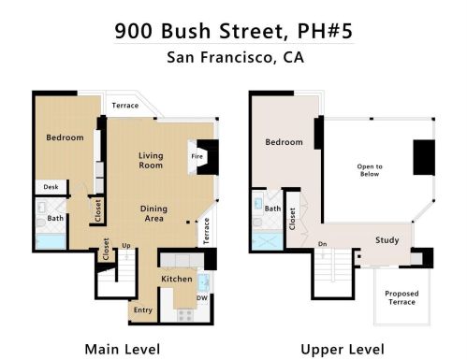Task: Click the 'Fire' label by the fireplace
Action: pyautogui.click(x=197, y=156)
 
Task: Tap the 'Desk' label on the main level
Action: pyautogui.click(x=51, y=187)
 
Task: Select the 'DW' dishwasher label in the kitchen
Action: pyautogui.click(x=202, y=297)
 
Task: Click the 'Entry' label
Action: pyautogui.click(x=143, y=310)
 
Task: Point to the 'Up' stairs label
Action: pyautogui.click(x=126, y=246)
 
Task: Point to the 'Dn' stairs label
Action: pyautogui.click(x=323, y=244)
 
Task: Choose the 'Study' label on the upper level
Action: pyautogui.click(x=387, y=240)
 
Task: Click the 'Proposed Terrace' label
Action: pyautogui.click(x=401, y=297)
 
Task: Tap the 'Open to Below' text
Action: pyautogui.click(x=370, y=170)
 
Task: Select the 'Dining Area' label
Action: pyautogui.click(x=153, y=213)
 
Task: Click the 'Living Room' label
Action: pyautogui.click(x=151, y=160)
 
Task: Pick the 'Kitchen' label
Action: pyautogui.click(x=177, y=279)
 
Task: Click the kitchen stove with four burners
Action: pyautogui.click(x=185, y=315)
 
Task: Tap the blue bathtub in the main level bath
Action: pyautogui.click(x=51, y=241)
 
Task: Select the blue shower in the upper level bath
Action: pyautogui.click(x=268, y=240)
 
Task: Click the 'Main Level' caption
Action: pyautogui.click(x=123, y=349)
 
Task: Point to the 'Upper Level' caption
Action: pyautogui.click(x=343, y=350)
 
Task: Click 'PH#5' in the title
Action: pyautogui.click(x=325, y=31)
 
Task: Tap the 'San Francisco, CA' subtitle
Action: pyautogui.click(x=235, y=57)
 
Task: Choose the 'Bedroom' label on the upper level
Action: pyautogui.click(x=284, y=142)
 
